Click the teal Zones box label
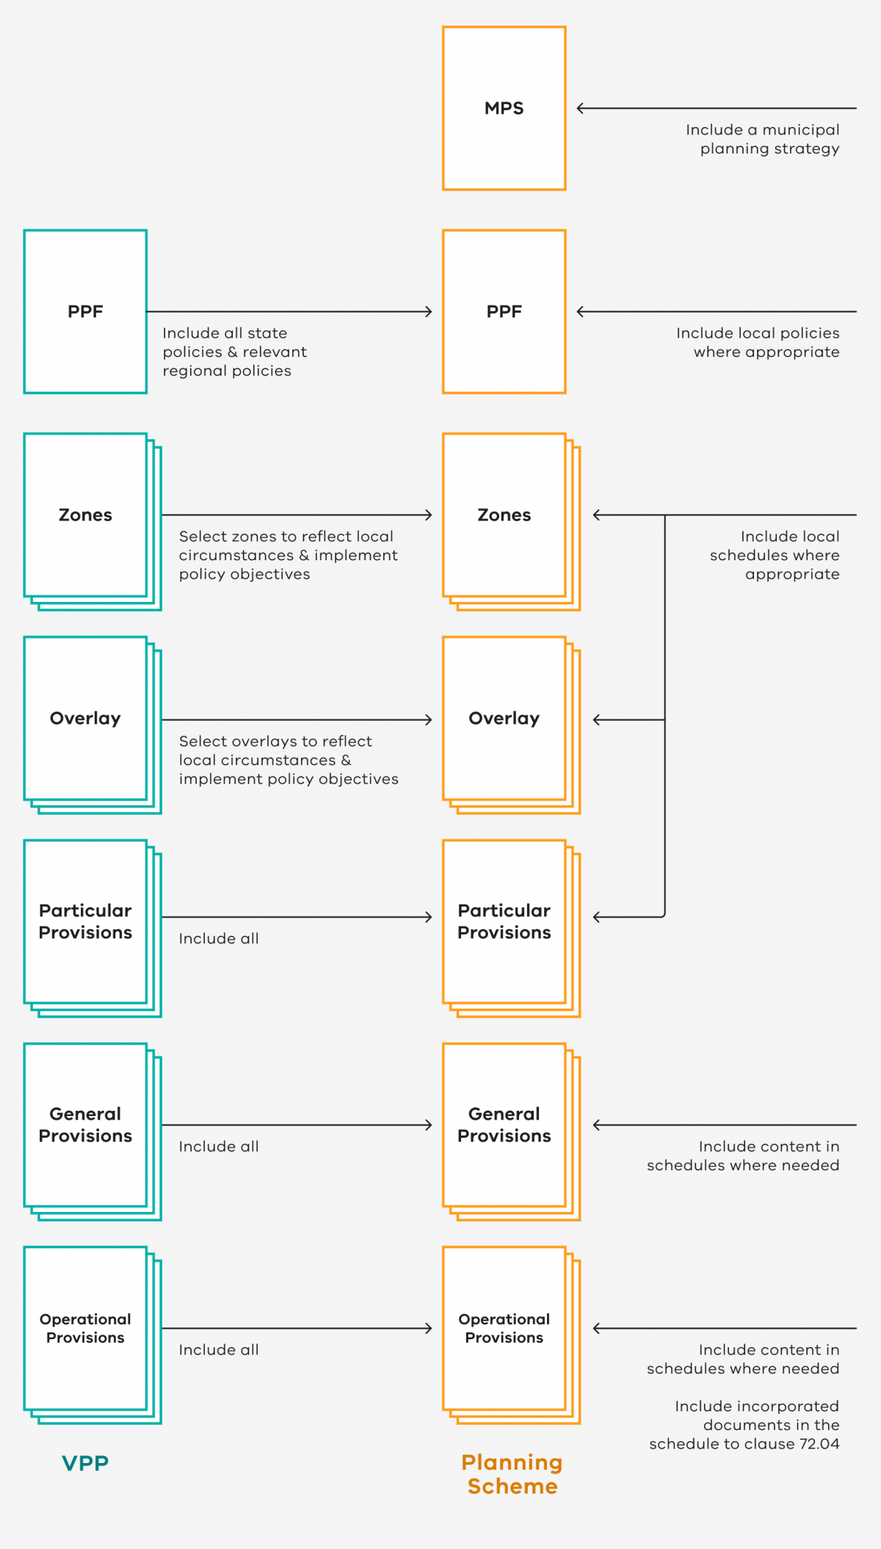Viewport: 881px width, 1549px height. click(x=85, y=515)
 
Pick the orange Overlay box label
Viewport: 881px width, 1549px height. click(x=504, y=718)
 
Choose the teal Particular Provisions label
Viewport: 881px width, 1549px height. click(x=85, y=921)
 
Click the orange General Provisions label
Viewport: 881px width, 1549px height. click(x=504, y=1125)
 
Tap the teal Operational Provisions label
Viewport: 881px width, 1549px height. click(x=85, y=1328)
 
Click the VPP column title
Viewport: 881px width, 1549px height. click(x=85, y=1463)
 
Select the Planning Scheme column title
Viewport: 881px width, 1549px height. click(x=512, y=1474)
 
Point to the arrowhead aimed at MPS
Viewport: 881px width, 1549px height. click(x=581, y=109)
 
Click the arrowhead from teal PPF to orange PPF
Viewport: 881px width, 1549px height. click(x=428, y=312)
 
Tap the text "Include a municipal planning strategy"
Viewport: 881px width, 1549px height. click(x=762, y=139)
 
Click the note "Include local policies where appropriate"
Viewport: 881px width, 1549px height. click(x=758, y=343)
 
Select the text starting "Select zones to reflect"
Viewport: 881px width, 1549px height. click(x=288, y=556)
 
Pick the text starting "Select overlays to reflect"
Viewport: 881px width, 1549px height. click(x=289, y=760)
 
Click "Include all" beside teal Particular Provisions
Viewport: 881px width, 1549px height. click(x=219, y=938)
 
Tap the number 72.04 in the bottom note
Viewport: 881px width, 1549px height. click(x=819, y=1444)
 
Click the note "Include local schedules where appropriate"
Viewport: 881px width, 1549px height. click(x=775, y=556)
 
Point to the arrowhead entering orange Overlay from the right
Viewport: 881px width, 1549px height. click(x=597, y=720)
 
